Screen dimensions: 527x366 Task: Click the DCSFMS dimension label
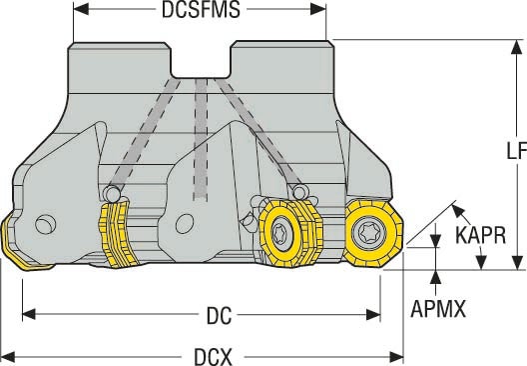[x=201, y=10]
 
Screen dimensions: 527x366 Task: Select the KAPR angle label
[x=481, y=235]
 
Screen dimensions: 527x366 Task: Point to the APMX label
[x=438, y=308]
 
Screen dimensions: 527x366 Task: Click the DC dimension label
[x=219, y=316]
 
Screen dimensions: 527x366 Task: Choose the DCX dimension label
[x=213, y=357]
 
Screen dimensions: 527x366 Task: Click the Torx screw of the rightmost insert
[x=368, y=233]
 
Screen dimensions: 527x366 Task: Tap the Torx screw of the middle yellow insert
[x=281, y=233]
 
